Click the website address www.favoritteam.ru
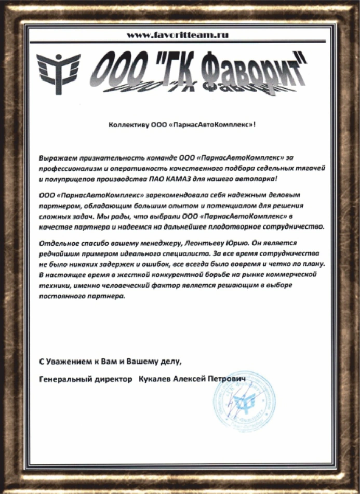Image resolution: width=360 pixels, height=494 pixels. pos(178,35)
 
